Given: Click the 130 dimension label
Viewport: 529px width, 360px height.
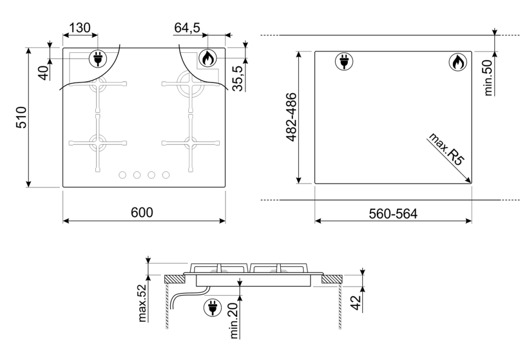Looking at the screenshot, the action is coord(80,28).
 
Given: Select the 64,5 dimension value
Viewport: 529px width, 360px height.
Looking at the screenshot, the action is coord(187,28).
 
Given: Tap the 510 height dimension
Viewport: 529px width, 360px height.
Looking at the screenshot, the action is coord(22,117).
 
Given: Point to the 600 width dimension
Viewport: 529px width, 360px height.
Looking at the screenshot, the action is coord(142,213).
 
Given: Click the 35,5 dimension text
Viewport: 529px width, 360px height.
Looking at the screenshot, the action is coord(238,79).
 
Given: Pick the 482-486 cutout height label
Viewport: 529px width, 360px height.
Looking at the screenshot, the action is coord(291,117).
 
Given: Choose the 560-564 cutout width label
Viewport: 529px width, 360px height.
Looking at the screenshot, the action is coord(393,214).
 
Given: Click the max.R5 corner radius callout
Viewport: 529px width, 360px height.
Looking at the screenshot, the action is coord(446,149).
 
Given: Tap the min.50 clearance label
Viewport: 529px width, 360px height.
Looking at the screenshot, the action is coord(488,78).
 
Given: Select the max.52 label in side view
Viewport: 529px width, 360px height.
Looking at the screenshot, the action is coord(143,303).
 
